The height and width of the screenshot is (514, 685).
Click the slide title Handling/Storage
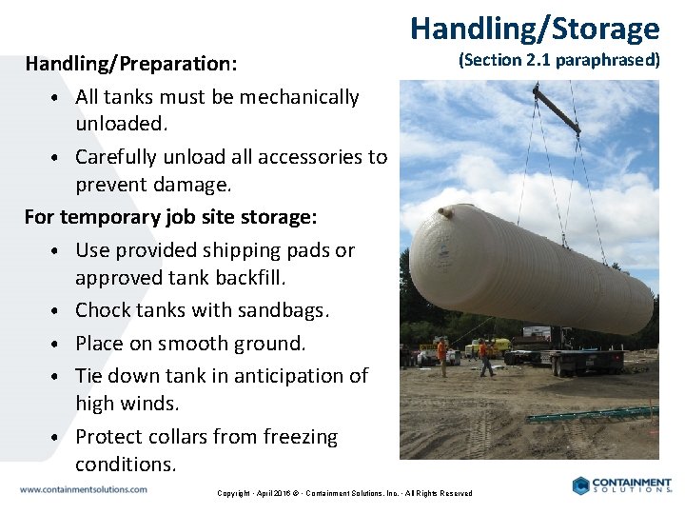pos(535,28)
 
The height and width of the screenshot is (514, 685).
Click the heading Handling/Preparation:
pos(131,64)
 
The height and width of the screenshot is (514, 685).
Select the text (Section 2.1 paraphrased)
pos(558,60)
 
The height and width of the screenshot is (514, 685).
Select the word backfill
pos(244,277)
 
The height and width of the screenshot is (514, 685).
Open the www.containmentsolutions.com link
pos(84,489)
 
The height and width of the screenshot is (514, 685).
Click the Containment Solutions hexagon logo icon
pos(581,485)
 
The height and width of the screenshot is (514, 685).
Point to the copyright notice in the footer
pos(344,493)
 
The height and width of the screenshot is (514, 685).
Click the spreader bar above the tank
pos(558,109)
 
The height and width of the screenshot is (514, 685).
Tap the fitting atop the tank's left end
pos(442,211)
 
